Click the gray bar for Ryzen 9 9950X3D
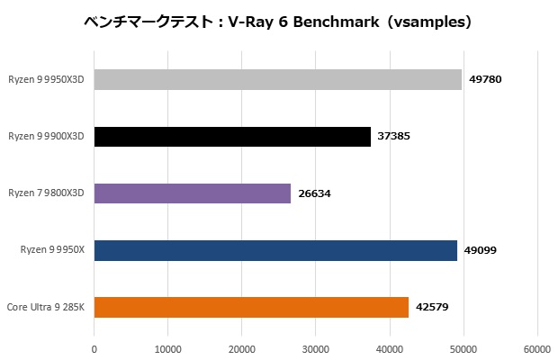[277, 80]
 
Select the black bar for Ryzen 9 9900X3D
[232, 137]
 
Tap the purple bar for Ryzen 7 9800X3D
[193, 193]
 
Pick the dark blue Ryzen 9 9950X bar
[275, 250]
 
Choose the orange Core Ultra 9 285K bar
[251, 307]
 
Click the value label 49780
[485, 80]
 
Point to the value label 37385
[394, 137]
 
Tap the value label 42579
[432, 307]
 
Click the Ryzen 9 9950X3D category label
[46, 80]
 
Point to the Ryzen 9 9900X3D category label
[46, 137]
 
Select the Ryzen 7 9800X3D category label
[46, 193]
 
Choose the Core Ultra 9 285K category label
[46, 307]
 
